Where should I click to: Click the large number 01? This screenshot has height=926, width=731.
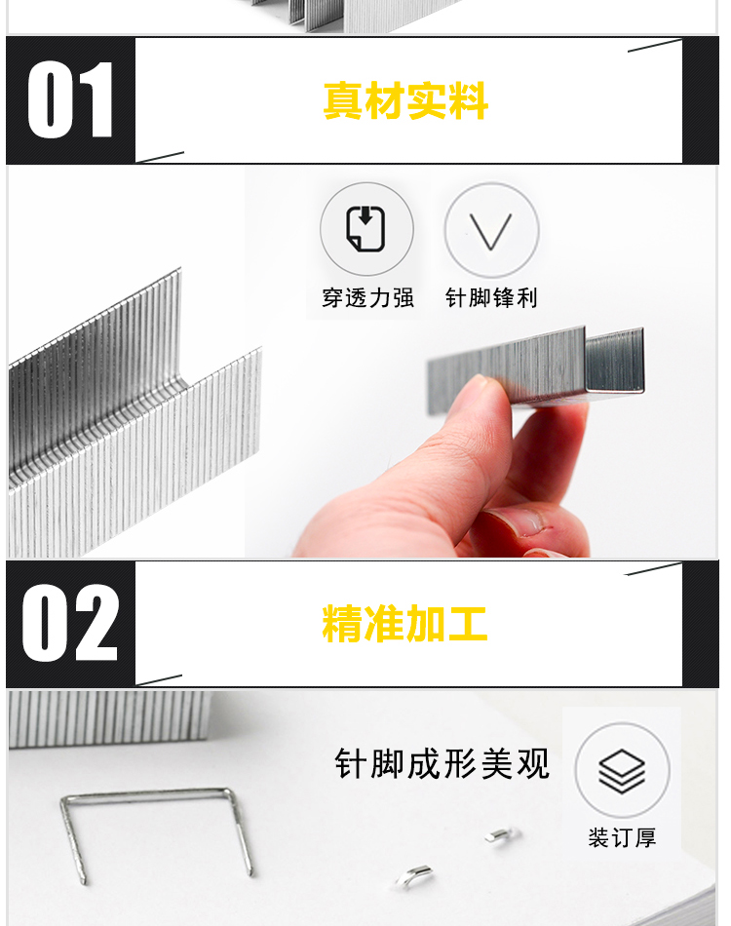(x=69, y=99)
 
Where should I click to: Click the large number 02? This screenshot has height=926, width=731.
(x=69, y=623)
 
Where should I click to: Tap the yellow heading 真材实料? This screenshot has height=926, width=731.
(x=405, y=101)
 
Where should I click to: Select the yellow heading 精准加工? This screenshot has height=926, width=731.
(x=405, y=623)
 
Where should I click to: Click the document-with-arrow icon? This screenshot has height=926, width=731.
(x=365, y=228)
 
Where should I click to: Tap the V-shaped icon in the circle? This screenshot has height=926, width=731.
(x=490, y=231)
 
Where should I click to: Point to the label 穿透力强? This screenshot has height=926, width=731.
(x=367, y=297)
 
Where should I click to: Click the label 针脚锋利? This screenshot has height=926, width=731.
(x=491, y=297)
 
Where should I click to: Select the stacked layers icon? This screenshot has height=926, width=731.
(x=622, y=771)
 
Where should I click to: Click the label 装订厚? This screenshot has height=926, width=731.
(x=622, y=837)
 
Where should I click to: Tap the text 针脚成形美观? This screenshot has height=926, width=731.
(x=442, y=763)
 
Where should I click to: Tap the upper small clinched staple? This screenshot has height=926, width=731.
(x=500, y=835)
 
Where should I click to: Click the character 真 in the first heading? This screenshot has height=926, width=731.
(x=343, y=101)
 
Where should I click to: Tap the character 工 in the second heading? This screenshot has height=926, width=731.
(x=468, y=623)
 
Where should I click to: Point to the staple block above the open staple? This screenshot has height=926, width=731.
(x=110, y=717)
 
